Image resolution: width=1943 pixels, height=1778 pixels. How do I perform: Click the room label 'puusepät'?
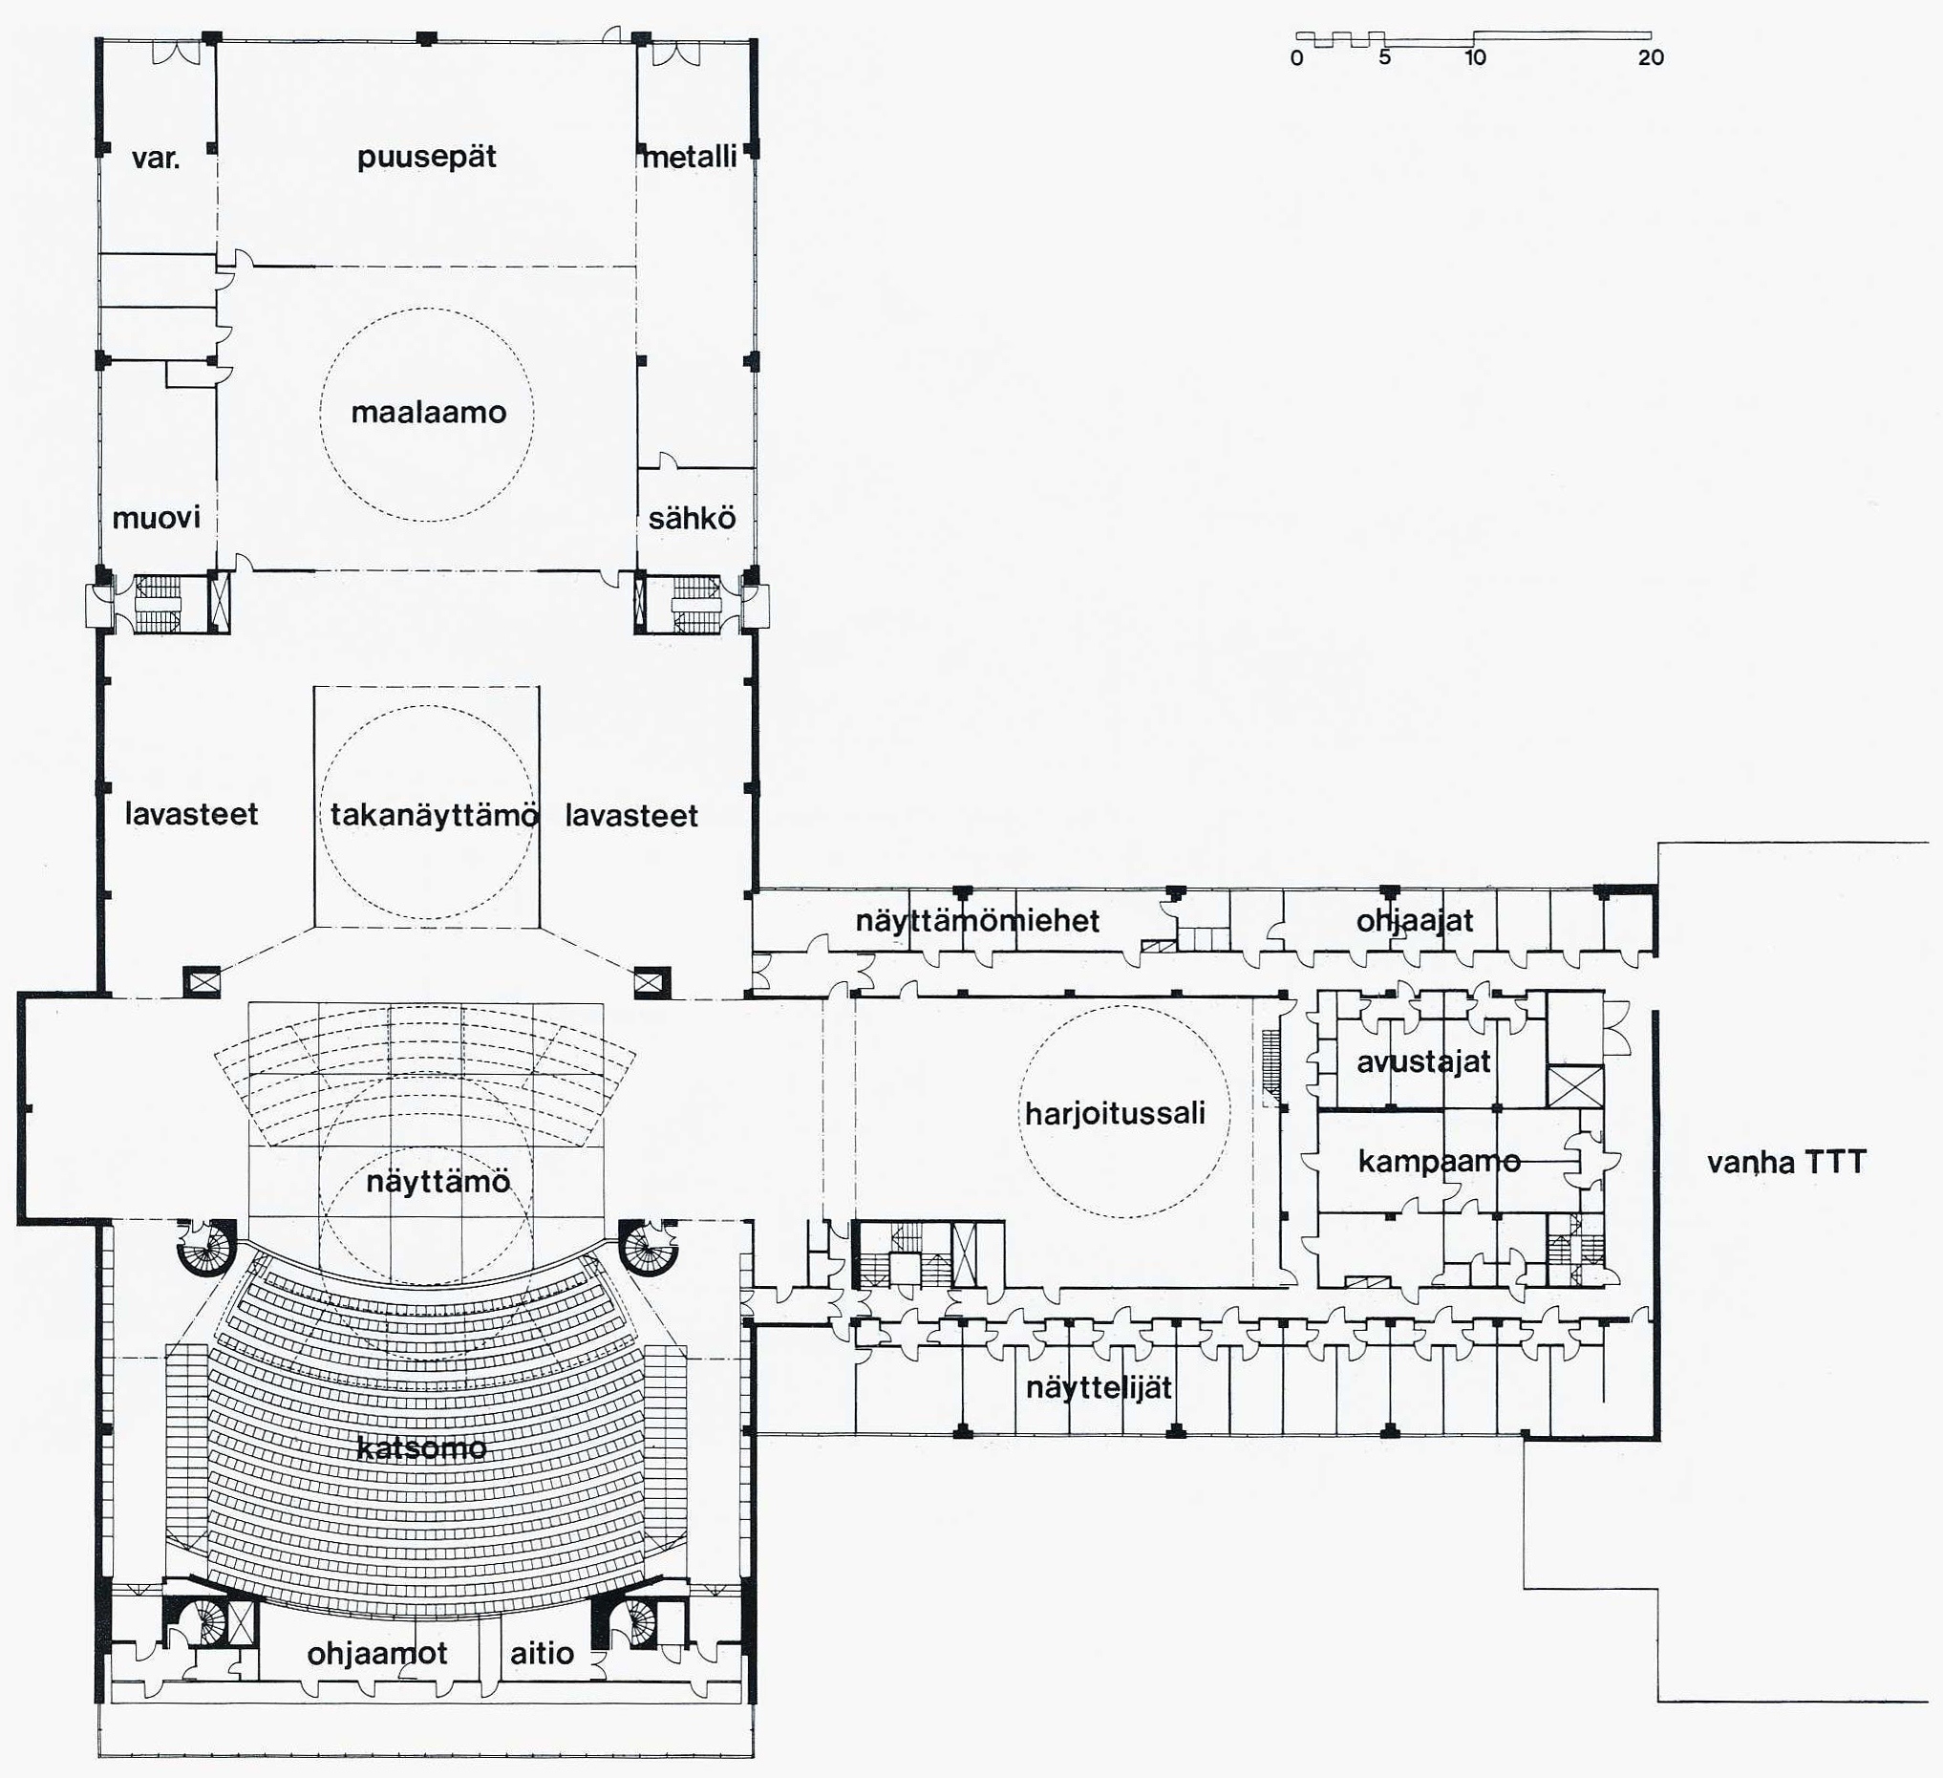(426, 158)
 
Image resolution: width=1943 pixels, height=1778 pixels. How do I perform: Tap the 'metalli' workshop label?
(689, 156)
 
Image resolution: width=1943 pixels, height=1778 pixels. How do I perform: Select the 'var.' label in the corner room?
(156, 158)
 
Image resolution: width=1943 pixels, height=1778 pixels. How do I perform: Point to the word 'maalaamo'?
(429, 413)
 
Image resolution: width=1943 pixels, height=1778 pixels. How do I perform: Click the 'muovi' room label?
(156, 519)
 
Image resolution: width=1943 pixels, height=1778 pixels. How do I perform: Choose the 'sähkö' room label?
(691, 519)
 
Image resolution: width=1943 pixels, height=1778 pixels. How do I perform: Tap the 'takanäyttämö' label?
(435, 815)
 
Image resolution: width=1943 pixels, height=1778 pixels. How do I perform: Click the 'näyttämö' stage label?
(438, 1182)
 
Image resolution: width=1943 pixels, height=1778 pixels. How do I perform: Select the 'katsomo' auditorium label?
(421, 1447)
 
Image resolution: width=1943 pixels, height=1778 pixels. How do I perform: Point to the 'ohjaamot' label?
(376, 1654)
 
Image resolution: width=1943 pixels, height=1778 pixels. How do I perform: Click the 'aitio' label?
(542, 1654)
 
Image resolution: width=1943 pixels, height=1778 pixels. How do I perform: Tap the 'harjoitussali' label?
(1115, 1114)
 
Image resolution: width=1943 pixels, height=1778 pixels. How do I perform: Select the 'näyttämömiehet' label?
(977, 921)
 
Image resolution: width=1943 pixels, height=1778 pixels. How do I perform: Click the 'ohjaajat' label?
(1415, 921)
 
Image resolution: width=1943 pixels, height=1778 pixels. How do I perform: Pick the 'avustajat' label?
(1423, 1063)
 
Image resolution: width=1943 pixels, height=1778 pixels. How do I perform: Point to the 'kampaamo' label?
(1439, 1162)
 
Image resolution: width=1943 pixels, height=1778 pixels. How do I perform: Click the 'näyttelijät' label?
(1099, 1387)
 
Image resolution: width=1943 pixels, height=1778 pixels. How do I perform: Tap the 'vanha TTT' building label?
(1787, 1162)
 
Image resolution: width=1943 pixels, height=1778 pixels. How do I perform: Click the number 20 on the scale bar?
(1651, 58)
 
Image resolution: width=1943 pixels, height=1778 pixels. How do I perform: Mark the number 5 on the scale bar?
(1385, 58)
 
